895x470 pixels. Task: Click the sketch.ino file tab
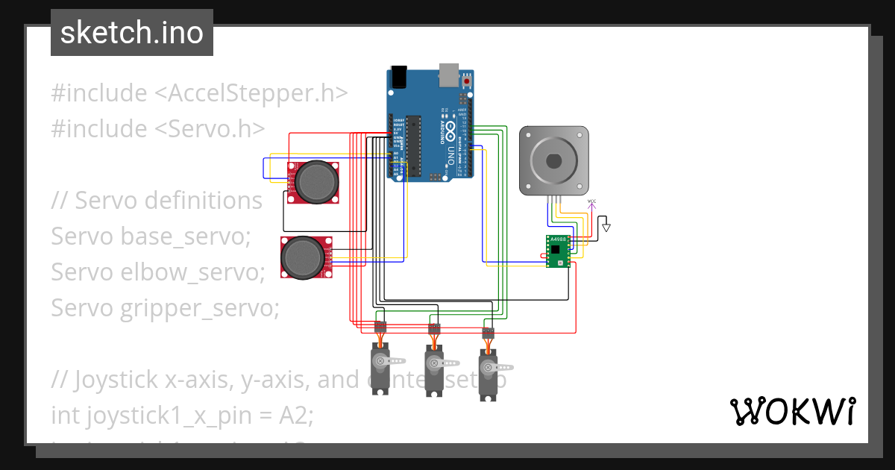pyautogui.click(x=131, y=33)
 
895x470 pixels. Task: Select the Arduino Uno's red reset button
pyautogui.click(x=467, y=81)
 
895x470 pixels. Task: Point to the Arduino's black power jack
pyautogui.click(x=399, y=75)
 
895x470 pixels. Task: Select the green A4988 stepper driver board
pyautogui.click(x=558, y=251)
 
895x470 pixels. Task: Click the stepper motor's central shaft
pyautogui.click(x=554, y=160)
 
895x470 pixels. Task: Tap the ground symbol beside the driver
pyautogui.click(x=606, y=225)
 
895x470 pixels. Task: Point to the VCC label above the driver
pyautogui.click(x=592, y=201)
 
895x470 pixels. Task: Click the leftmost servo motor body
pyautogui.click(x=381, y=369)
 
